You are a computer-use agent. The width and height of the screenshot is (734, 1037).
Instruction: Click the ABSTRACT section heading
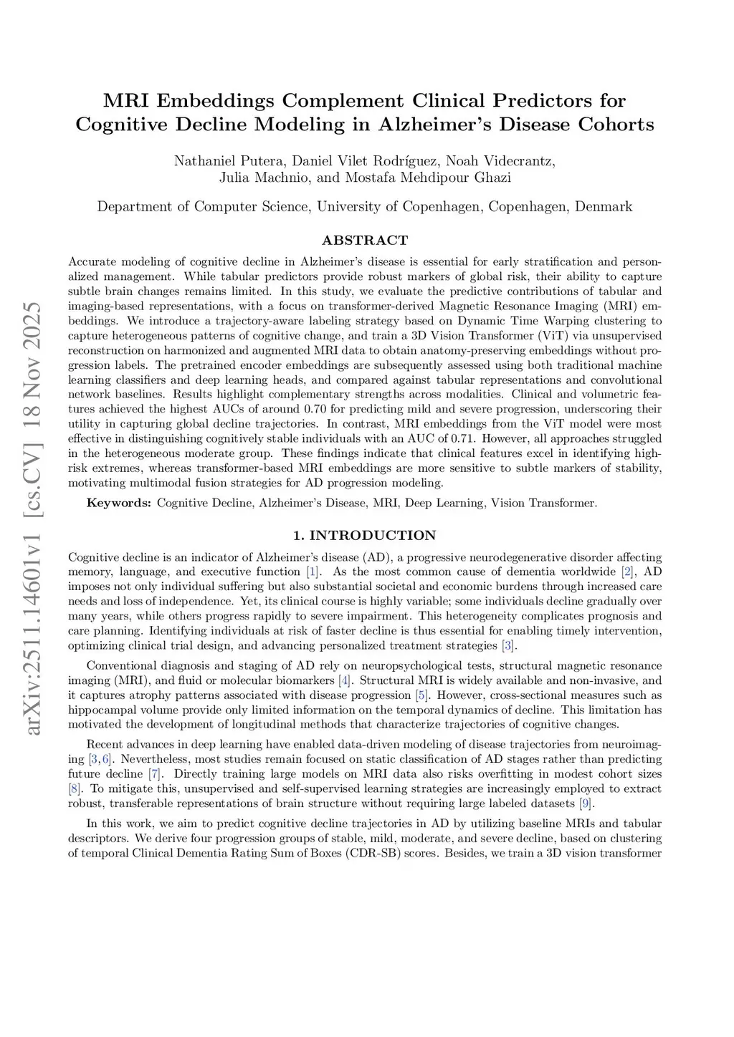[365, 240]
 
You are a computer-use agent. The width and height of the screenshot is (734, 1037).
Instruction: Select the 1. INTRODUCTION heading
[365, 535]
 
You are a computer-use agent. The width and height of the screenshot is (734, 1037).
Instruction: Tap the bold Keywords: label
[119, 503]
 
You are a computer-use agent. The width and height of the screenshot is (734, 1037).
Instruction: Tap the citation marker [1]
[313, 571]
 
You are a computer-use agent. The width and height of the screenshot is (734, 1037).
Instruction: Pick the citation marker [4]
[344, 680]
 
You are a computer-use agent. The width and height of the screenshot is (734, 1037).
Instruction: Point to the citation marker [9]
[585, 803]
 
